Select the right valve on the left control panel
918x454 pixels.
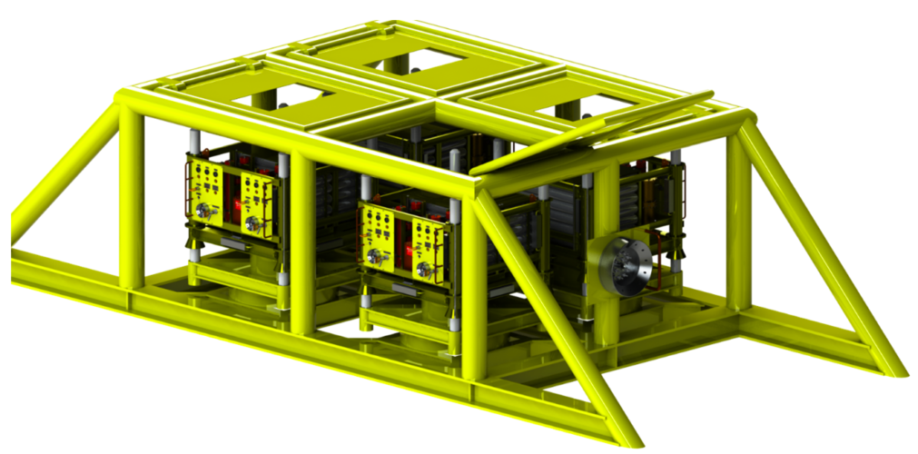253,221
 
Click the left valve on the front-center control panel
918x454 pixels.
376,258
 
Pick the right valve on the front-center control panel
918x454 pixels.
425,269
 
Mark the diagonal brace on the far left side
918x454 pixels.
64,173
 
